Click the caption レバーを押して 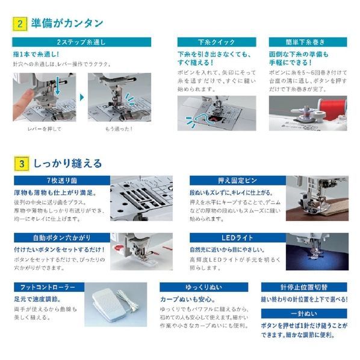pyautogui.click(x=45, y=128)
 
